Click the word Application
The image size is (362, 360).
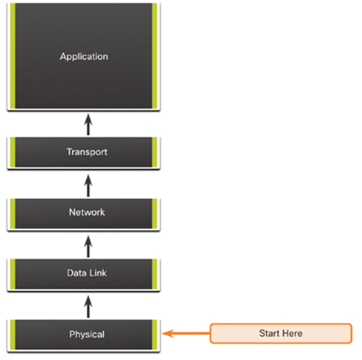click(84, 57)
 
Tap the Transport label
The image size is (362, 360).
click(87, 152)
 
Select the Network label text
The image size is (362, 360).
click(87, 212)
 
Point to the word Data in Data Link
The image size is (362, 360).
click(76, 273)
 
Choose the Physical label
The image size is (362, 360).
click(87, 334)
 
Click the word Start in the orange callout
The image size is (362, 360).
click(269, 334)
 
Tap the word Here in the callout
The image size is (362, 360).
click(293, 334)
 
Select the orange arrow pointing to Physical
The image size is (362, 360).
click(186, 334)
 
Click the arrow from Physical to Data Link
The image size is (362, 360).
click(88, 306)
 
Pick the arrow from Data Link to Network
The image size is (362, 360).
click(88, 246)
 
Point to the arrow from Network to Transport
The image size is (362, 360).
click(88, 185)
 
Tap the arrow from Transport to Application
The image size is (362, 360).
click(88, 125)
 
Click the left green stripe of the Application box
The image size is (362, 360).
click(12, 56)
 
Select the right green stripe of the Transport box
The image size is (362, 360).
click(154, 152)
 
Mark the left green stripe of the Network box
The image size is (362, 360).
click(12, 214)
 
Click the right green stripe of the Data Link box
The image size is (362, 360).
click(154, 274)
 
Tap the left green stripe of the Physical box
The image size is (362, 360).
click(12, 335)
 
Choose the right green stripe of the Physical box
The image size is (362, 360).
click(154, 335)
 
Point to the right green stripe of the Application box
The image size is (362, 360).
click(154, 56)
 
